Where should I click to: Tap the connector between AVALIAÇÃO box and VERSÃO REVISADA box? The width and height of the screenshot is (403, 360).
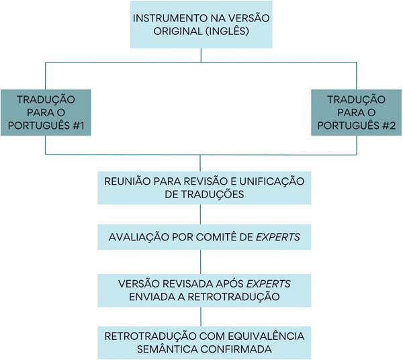pyautogui.click(x=200, y=261)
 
